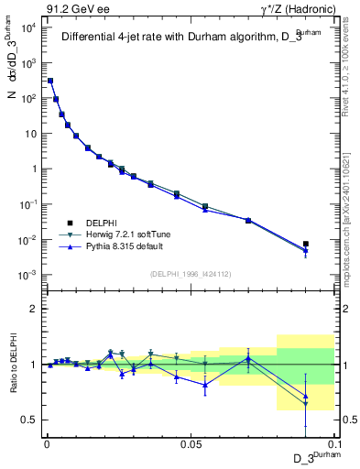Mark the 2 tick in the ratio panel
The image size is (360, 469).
pos(32,309)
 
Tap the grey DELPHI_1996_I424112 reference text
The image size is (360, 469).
pos(191,272)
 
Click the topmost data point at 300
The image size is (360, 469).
pos(50,81)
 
